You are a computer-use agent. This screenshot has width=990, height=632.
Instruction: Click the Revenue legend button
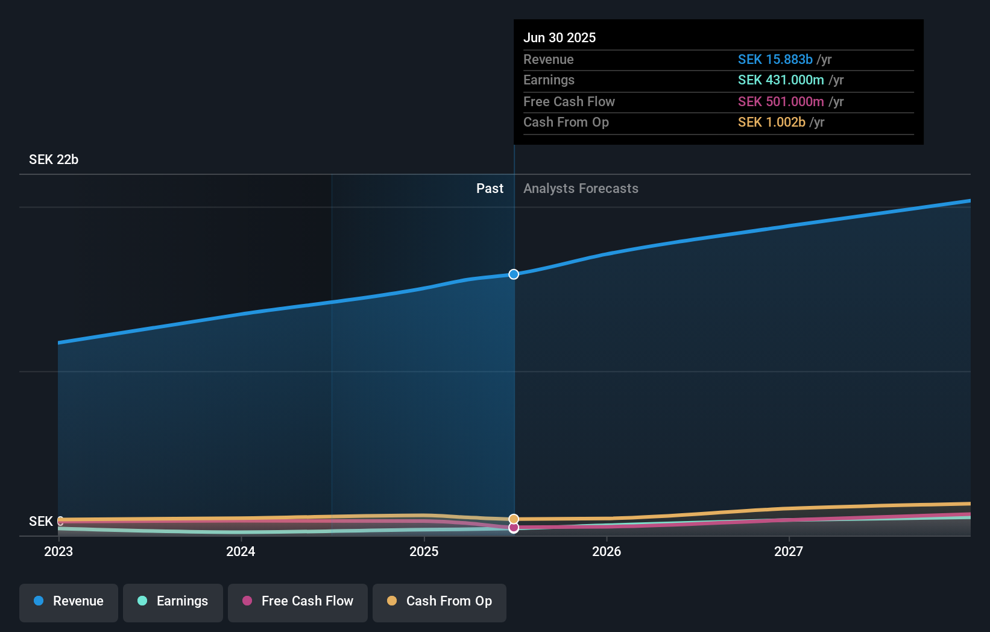(69, 602)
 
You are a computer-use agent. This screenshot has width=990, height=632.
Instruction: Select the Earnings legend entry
(173, 602)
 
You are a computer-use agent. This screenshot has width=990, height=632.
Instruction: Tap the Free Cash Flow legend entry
(298, 602)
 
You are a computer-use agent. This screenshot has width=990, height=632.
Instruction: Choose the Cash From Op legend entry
(440, 602)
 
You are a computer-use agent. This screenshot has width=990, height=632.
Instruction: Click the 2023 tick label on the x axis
(58, 551)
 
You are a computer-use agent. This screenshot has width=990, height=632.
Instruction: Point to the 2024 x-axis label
(241, 551)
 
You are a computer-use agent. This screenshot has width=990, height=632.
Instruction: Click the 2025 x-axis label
(424, 551)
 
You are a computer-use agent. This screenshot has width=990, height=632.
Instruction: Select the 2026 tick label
(607, 551)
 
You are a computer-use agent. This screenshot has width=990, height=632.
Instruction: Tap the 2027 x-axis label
(789, 551)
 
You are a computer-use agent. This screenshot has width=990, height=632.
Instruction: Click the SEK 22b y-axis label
(54, 160)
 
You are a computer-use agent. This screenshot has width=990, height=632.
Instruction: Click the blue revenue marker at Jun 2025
(514, 274)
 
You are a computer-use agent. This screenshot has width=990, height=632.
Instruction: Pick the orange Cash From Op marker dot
(514, 519)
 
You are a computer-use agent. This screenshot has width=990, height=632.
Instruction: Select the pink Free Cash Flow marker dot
(514, 528)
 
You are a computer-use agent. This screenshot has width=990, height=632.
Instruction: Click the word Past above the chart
(490, 189)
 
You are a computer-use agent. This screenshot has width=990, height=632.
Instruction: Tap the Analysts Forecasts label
(581, 189)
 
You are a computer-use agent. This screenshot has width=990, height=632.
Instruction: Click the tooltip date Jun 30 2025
(560, 37)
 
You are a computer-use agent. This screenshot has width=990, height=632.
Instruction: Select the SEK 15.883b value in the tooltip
(775, 60)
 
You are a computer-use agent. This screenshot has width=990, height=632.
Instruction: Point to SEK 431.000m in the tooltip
(781, 80)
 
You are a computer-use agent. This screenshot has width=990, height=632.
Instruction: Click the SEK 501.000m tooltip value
(781, 102)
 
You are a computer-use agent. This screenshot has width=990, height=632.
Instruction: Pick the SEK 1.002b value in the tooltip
(771, 122)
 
